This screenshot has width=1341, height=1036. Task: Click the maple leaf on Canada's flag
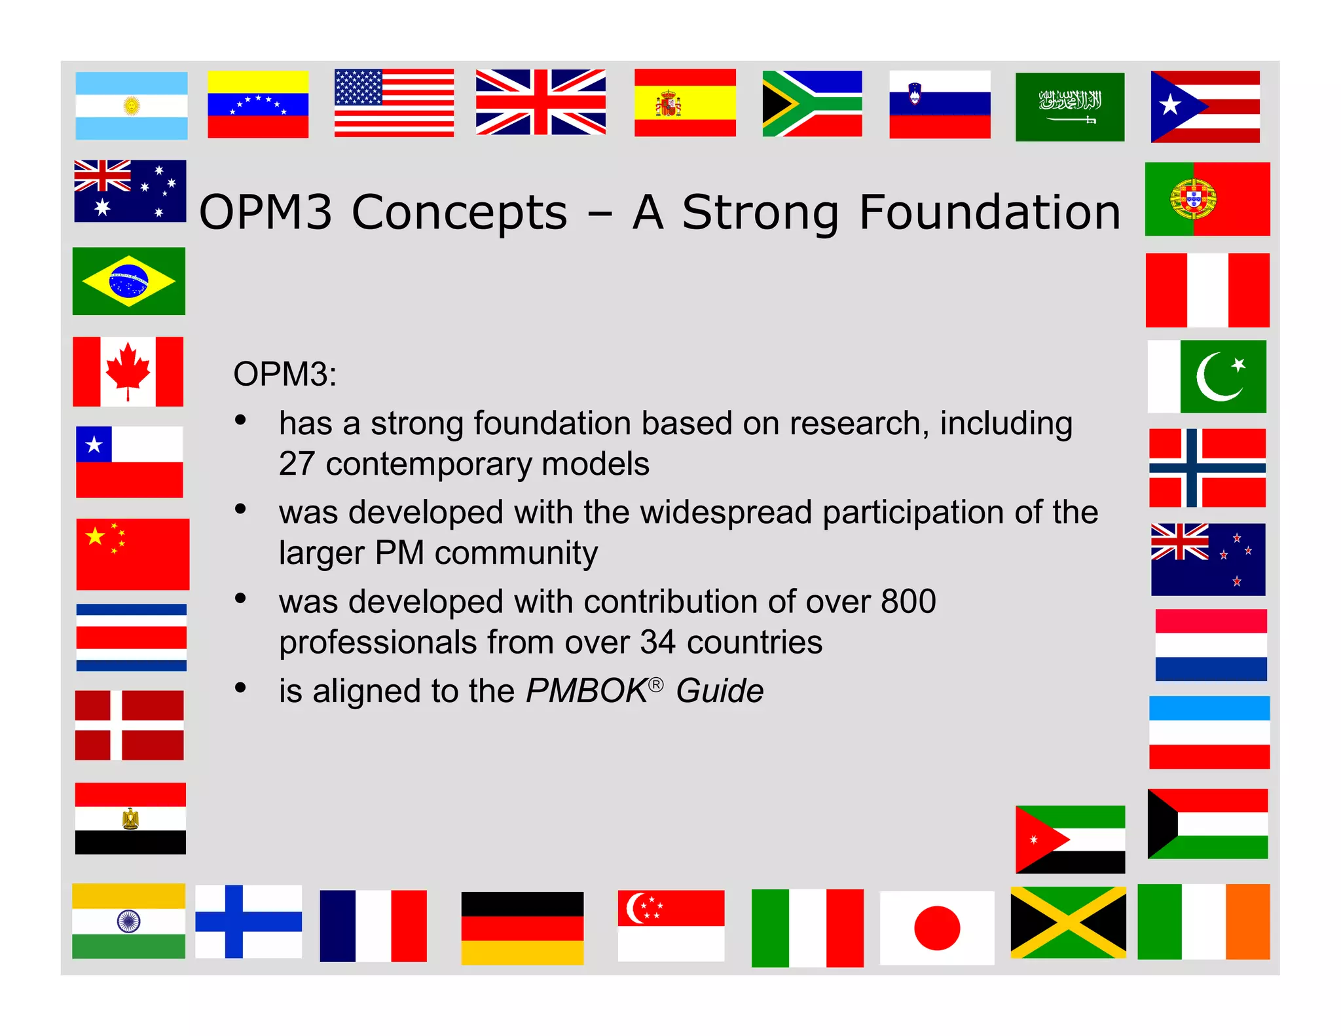click(x=128, y=369)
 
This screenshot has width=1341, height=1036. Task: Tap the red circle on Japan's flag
click(x=936, y=928)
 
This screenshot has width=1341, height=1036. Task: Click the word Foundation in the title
click(x=989, y=213)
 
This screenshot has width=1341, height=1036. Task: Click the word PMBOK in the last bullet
click(x=587, y=691)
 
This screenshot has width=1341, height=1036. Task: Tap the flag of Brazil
click(x=129, y=281)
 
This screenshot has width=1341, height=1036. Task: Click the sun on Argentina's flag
click(x=132, y=105)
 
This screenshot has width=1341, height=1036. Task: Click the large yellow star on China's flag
click(x=96, y=536)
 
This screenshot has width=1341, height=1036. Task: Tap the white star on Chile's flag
click(x=94, y=445)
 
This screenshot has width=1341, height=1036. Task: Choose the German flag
click(x=522, y=928)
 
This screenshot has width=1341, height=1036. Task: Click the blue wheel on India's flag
click(x=128, y=921)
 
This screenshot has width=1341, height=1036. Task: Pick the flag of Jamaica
click(x=1068, y=922)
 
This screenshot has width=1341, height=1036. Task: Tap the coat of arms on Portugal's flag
click(x=1193, y=199)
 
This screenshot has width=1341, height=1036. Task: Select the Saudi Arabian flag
click(x=1069, y=107)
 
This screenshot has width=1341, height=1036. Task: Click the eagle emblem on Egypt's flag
click(x=130, y=819)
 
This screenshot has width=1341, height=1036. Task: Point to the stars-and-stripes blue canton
click(x=358, y=87)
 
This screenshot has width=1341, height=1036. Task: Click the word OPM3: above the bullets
click(x=285, y=375)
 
